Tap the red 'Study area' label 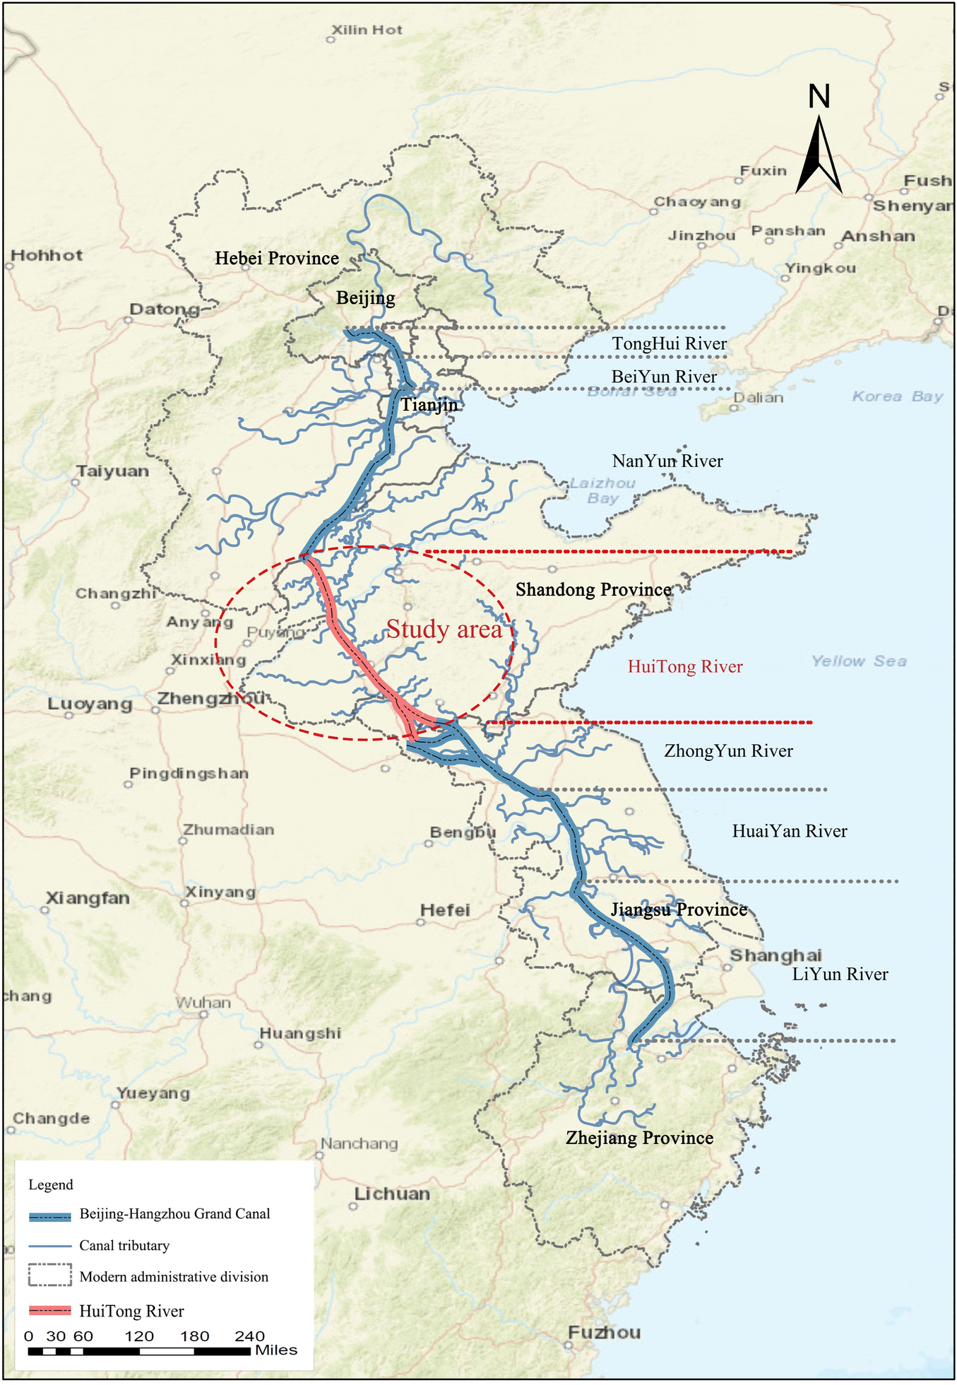click(444, 629)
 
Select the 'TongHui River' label click(669, 344)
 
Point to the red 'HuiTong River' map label click(685, 666)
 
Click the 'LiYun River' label click(840, 974)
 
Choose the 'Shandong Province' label click(593, 590)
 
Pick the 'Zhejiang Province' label click(639, 1138)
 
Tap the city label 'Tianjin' click(429, 405)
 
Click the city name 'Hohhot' click(47, 255)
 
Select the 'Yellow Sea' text click(859, 661)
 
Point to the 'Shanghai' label click(775, 955)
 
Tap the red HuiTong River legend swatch click(50, 1311)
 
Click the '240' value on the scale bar click(249, 1336)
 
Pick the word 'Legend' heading click(51, 1185)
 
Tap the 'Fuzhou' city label click(605, 1333)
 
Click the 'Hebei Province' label click(277, 259)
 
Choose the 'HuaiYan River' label click(790, 832)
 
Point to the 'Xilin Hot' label click(367, 30)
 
